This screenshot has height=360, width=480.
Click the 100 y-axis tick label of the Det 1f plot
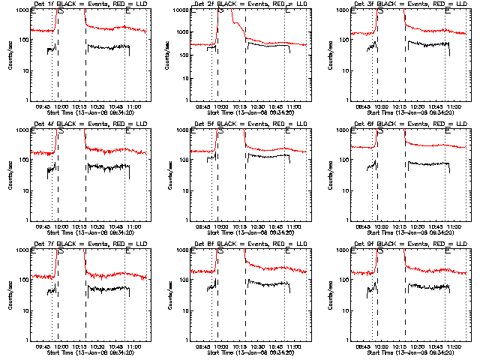[24, 40]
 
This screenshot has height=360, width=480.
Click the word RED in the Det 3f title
[423, 4]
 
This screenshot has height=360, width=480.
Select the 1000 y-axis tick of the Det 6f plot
[341, 130]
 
